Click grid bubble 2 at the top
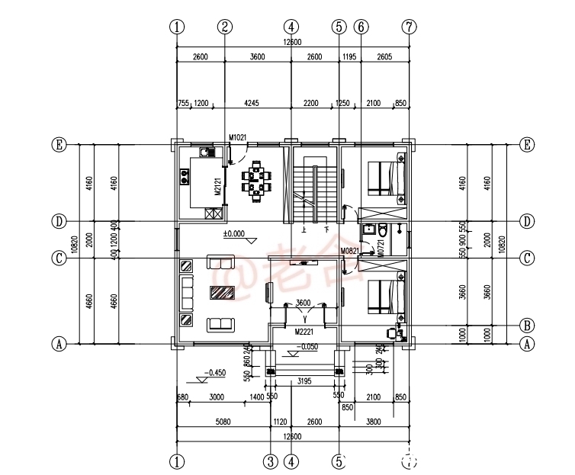click(224, 26)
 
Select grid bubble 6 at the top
click(361, 26)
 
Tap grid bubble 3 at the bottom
click(270, 461)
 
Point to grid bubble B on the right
click(526, 323)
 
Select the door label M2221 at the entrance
click(305, 332)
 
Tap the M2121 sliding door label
click(217, 188)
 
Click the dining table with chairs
click(255, 181)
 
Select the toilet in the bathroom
click(382, 230)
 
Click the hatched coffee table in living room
click(223, 293)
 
